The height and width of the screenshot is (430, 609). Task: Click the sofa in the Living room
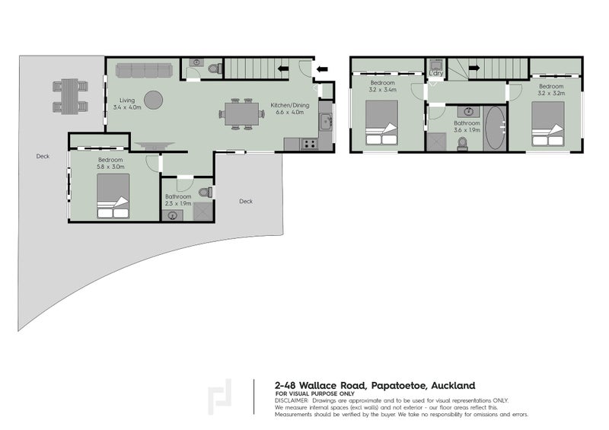(144, 70)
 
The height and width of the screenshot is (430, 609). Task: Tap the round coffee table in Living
(153, 100)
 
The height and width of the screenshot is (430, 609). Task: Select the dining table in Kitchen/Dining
(241, 114)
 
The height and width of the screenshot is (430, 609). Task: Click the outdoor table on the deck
(70, 97)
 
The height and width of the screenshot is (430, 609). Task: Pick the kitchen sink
(326, 122)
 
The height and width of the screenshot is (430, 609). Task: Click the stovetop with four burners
(309, 144)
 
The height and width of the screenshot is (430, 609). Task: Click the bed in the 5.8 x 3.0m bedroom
(113, 196)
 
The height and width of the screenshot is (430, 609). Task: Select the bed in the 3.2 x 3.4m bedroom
(382, 123)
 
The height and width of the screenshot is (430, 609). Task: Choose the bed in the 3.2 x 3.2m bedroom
(547, 124)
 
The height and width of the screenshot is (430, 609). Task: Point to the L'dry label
(435, 73)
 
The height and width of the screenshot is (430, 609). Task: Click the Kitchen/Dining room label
(290, 105)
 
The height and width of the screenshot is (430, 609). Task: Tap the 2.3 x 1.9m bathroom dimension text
(178, 203)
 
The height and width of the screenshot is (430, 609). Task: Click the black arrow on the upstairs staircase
(474, 68)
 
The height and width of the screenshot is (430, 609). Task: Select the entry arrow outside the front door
(322, 69)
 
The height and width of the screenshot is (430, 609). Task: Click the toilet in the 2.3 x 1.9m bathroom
(206, 192)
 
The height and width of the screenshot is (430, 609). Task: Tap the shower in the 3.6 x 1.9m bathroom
(436, 142)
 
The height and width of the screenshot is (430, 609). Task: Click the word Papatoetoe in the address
(397, 386)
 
